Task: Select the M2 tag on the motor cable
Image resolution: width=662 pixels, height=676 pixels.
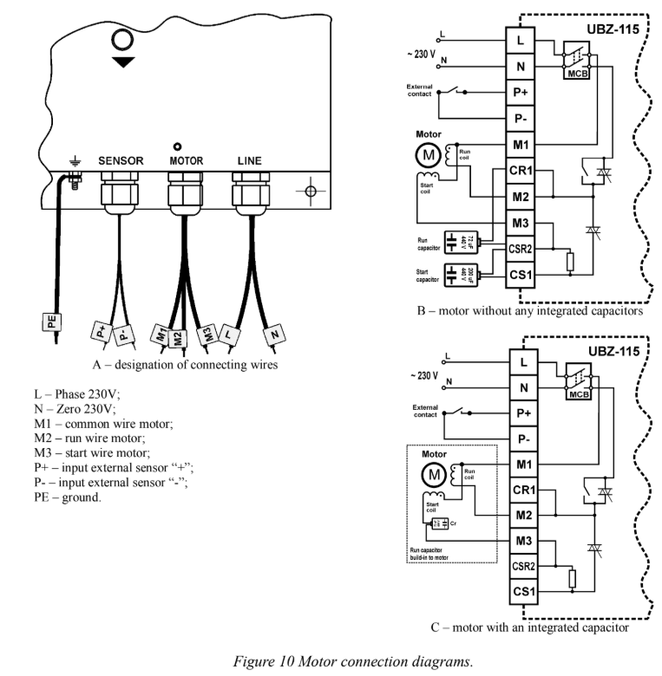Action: coord(178,336)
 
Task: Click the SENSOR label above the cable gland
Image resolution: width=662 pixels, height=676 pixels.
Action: coord(121,160)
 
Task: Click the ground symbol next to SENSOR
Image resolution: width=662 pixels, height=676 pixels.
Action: coord(75,161)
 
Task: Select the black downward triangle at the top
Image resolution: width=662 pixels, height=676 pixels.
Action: coord(124,62)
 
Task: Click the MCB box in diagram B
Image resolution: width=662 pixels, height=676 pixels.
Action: coord(577,72)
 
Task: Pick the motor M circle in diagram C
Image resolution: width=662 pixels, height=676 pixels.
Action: coord(431,474)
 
